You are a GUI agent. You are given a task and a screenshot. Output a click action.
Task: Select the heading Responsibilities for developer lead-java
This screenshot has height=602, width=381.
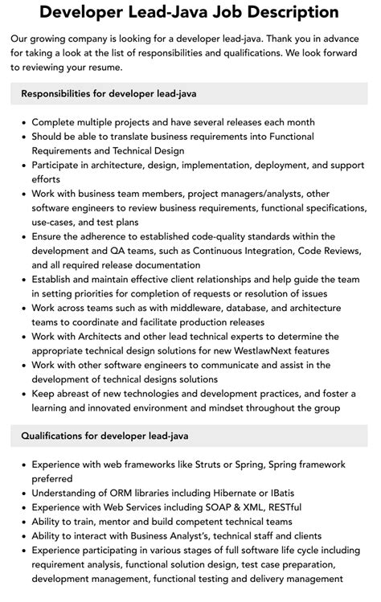(x=109, y=94)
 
